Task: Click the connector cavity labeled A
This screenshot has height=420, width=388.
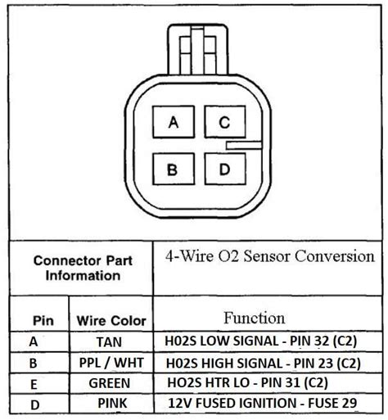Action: (x=174, y=122)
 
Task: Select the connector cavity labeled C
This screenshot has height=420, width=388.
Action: (x=225, y=122)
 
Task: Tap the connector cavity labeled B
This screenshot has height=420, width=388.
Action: (x=174, y=169)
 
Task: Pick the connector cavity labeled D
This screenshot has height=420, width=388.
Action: (x=225, y=169)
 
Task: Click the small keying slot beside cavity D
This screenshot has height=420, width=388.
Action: (x=244, y=145)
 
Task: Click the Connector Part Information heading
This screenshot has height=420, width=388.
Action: (x=83, y=268)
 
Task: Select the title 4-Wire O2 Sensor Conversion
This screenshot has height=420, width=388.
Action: (x=270, y=256)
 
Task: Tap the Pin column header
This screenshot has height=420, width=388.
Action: (x=43, y=320)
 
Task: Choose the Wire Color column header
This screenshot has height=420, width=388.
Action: (x=111, y=321)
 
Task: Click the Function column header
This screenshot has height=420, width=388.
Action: (x=255, y=318)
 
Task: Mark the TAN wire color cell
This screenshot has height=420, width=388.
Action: (x=109, y=342)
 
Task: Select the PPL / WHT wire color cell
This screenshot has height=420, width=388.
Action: (x=111, y=363)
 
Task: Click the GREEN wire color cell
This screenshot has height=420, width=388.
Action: (x=110, y=383)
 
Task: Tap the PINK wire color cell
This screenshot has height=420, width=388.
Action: (x=112, y=403)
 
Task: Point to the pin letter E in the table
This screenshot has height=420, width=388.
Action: (x=34, y=385)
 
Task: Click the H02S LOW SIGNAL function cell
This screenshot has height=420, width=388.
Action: (x=261, y=341)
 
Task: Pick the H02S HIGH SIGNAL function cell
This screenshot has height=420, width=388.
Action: (x=264, y=363)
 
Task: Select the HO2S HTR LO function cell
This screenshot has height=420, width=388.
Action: (x=247, y=382)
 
